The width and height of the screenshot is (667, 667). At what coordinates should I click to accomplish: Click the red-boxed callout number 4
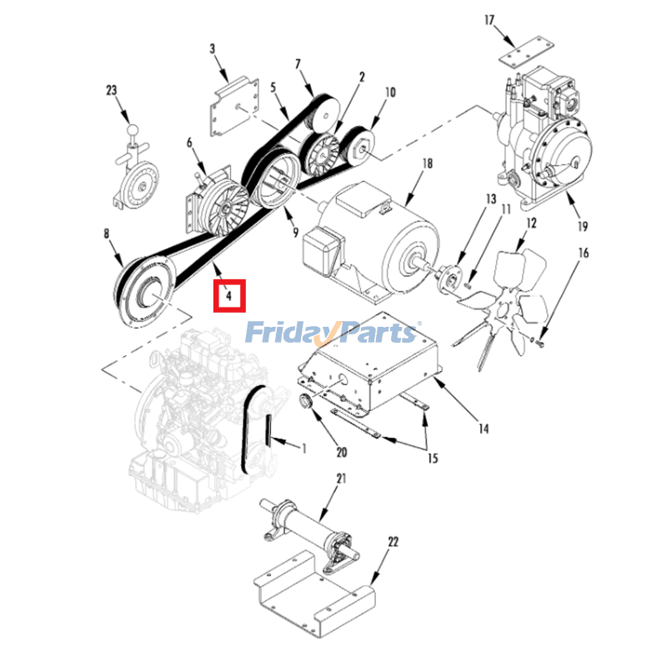tap(228, 295)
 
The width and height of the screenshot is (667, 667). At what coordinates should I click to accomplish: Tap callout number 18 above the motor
tap(428, 163)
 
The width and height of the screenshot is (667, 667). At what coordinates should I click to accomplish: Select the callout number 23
tap(112, 90)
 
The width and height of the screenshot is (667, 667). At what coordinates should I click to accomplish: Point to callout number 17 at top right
tap(489, 20)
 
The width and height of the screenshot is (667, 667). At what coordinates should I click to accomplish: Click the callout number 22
tap(393, 541)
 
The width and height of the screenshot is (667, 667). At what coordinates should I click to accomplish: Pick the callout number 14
tap(484, 429)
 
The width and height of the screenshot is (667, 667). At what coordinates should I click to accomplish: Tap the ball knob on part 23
tap(133, 129)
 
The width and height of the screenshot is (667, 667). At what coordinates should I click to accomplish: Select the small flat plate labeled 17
tap(527, 52)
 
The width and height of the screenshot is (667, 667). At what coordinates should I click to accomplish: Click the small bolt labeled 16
tap(539, 342)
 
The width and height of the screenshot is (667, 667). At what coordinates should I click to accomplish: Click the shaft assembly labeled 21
tap(309, 529)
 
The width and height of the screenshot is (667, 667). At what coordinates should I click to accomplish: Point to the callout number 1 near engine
tap(303, 448)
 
